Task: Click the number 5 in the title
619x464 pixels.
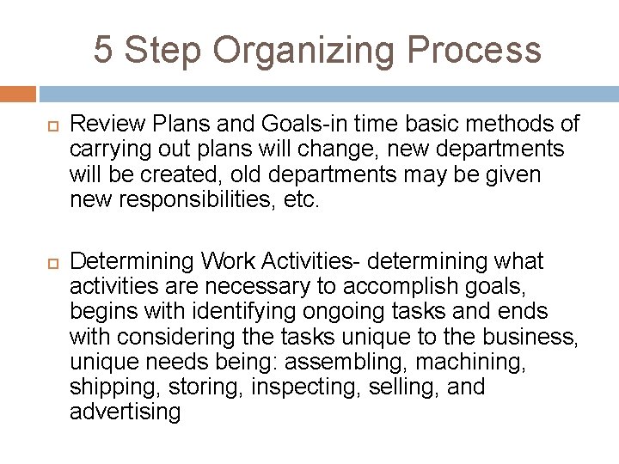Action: click(x=102, y=49)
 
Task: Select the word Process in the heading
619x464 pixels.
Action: click(x=475, y=49)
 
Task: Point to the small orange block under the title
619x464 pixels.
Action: click(x=18, y=94)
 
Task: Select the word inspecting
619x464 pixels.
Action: click(x=317, y=388)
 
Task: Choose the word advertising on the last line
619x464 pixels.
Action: click(x=125, y=412)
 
